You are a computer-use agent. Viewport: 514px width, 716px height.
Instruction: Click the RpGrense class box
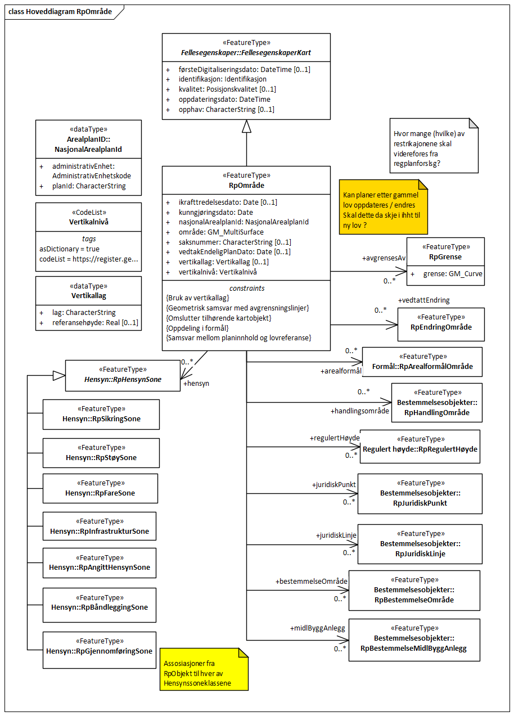tap(445, 261)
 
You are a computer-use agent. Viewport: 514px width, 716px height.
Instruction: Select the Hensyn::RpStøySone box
tap(101, 453)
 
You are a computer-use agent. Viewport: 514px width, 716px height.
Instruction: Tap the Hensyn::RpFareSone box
tap(100, 488)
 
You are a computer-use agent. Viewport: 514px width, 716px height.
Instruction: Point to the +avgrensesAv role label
tap(384, 258)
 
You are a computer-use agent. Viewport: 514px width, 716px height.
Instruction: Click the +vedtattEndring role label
tap(423, 300)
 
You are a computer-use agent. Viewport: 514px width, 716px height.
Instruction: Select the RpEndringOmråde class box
tap(441, 324)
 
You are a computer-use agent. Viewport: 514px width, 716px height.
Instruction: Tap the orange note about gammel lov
tap(383, 206)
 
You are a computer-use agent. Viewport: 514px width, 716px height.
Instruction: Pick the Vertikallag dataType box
tap(88, 303)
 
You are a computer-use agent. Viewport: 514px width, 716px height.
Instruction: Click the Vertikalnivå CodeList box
tap(88, 237)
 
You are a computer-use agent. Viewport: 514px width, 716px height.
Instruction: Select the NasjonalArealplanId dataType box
tap(88, 157)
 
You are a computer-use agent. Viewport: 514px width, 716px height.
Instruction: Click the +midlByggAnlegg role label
tap(317, 628)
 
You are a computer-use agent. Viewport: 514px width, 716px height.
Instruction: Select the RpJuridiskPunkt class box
tap(420, 493)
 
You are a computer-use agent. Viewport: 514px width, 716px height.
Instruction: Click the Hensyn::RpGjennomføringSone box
tap(99, 650)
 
